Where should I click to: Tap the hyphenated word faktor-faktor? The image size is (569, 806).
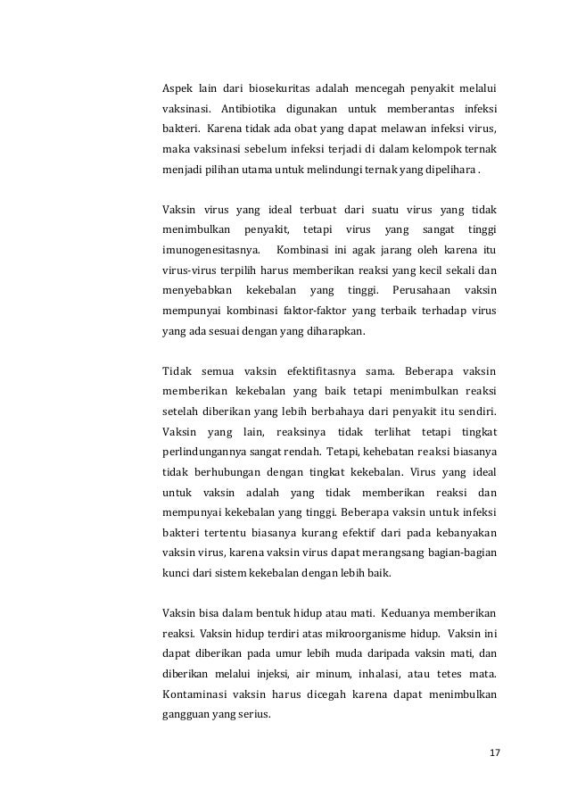pos(294,311)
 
